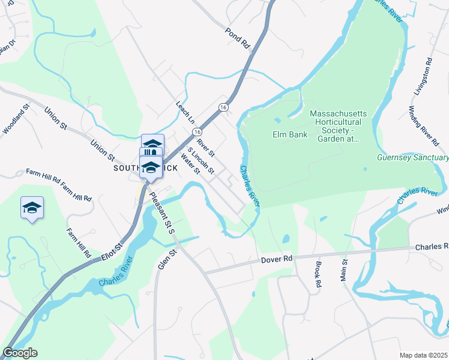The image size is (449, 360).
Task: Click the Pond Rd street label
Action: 237,37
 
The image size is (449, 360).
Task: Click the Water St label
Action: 190,166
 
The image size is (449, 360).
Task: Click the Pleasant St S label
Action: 161,212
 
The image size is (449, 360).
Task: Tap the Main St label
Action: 345,269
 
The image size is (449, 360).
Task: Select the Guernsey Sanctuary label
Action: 412,158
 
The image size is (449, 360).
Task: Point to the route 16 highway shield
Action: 223,107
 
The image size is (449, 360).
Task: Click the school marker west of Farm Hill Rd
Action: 32,208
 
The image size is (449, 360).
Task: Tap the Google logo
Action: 20,353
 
